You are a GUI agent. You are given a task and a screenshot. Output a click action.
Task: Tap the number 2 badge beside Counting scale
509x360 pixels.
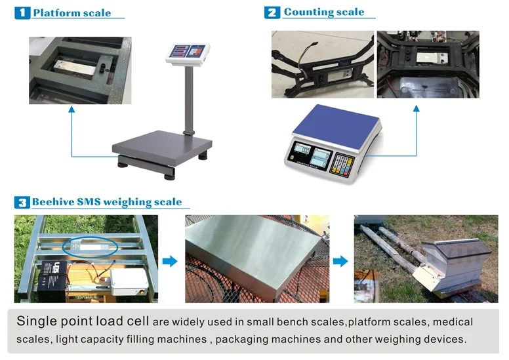click(x=272, y=12)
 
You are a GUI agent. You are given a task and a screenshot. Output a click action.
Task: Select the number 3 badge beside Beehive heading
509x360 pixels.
click(x=22, y=202)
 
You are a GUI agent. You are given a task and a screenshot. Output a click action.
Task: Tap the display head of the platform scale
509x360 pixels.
click(x=190, y=52)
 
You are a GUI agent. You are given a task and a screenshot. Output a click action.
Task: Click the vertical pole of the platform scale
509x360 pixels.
click(x=189, y=98)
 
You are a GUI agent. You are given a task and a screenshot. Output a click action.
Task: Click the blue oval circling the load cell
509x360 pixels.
click(x=91, y=247)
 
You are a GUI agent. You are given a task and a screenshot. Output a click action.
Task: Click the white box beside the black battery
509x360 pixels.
click(x=129, y=281)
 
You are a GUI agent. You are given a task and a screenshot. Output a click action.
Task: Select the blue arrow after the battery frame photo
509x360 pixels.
click(x=170, y=261)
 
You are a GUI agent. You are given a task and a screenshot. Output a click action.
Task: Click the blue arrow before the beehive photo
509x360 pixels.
click(x=340, y=261)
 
